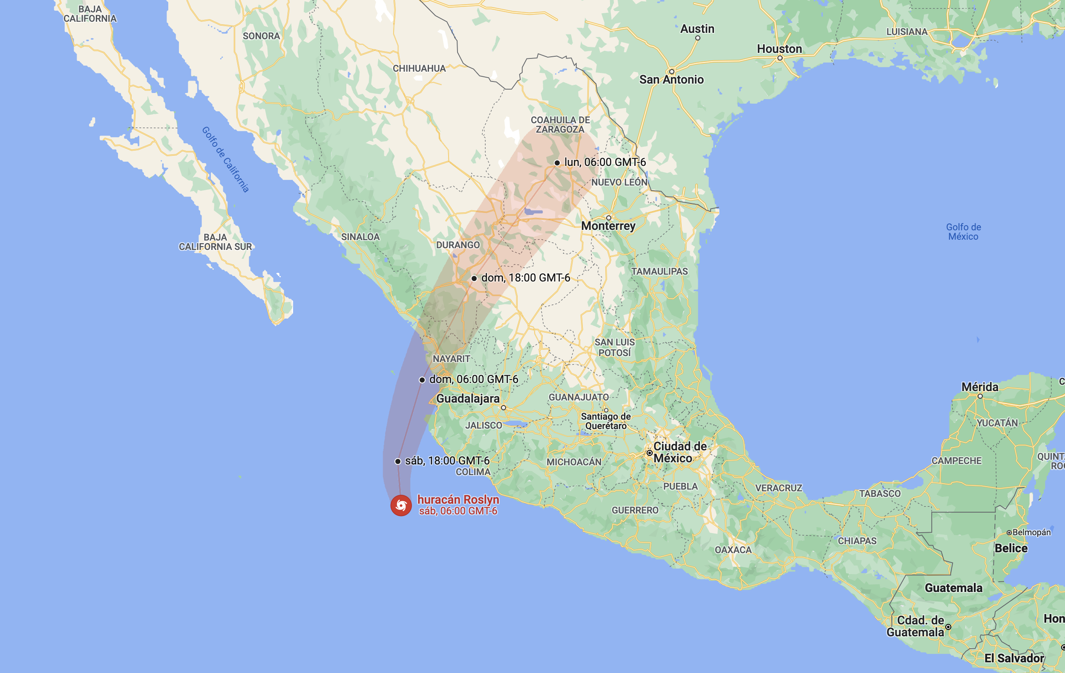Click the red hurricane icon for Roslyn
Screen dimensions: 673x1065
coord(401,505)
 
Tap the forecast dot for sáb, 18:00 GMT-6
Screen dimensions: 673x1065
coord(398,461)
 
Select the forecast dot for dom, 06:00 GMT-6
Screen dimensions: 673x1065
coord(422,380)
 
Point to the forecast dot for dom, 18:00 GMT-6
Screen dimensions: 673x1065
coord(474,278)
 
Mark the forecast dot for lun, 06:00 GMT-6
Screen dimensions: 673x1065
coord(557,163)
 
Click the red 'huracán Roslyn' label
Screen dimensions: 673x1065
coord(458,500)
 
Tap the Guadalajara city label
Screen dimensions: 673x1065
coord(468,398)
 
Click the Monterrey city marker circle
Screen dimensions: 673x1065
coord(609,218)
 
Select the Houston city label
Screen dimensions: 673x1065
coord(779,49)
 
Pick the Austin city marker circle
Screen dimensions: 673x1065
coord(697,38)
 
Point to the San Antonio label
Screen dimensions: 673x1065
coord(671,80)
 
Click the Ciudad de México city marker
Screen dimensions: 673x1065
coord(649,453)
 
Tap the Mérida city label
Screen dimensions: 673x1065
coord(980,387)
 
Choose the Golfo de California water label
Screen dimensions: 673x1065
coord(225,160)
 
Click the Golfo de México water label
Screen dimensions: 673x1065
coord(963,232)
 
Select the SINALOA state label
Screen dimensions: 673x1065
coord(360,237)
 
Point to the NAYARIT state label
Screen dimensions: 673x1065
coord(451,359)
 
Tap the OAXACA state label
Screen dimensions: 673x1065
coord(733,550)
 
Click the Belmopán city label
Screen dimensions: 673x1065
coord(1031,532)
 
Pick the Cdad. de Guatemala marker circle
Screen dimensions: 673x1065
coord(948,627)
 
